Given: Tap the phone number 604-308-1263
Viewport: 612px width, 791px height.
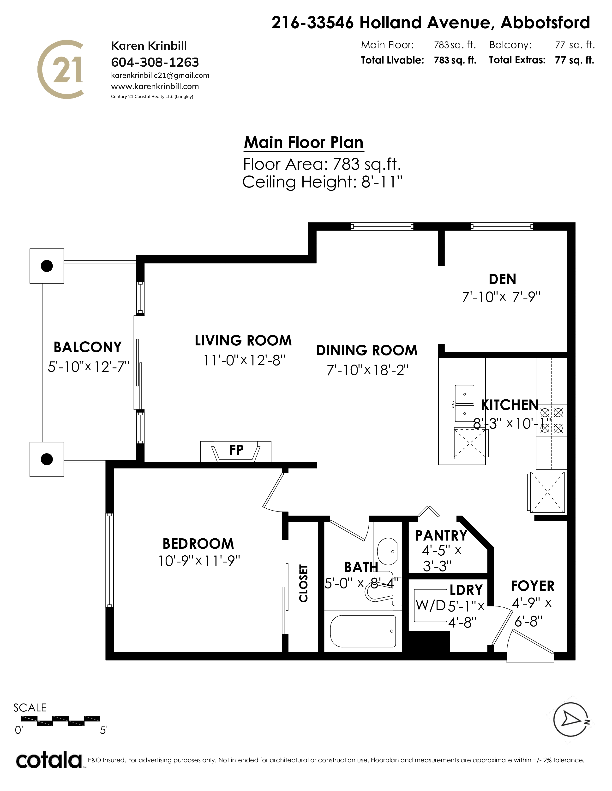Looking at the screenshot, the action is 155,62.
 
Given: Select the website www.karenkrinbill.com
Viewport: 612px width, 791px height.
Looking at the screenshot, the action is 155,86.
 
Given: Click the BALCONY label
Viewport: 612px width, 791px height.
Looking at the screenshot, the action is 87,347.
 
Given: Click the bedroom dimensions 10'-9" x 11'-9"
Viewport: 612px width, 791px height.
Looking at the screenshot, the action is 199,561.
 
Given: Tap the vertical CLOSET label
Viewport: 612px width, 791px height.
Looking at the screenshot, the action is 303,583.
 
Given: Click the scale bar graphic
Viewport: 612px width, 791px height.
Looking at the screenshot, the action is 68,721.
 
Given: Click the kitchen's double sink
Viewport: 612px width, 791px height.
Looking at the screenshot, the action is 464,403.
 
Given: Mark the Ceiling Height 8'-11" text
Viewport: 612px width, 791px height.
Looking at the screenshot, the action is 322,182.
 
